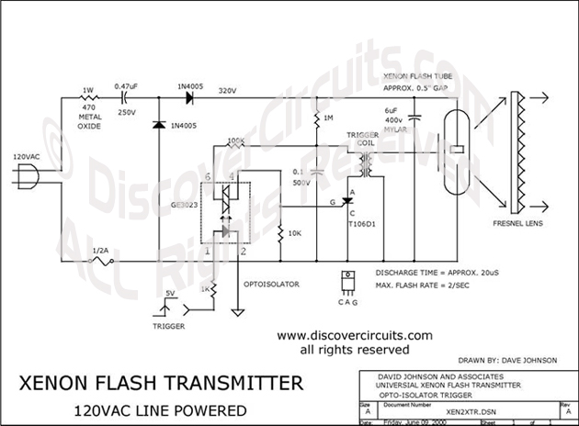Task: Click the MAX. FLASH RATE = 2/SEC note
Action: point(435,285)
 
